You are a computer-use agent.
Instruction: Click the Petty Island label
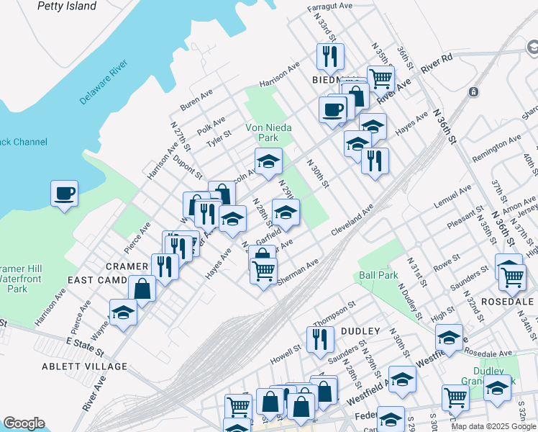tap(68, 6)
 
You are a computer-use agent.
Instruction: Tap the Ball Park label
tap(378, 275)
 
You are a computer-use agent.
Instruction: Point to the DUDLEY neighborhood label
tap(360, 330)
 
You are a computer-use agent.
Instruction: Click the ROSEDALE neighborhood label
tap(507, 301)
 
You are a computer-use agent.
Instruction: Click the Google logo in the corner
tap(24, 423)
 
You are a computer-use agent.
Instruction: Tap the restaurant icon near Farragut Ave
tap(330, 55)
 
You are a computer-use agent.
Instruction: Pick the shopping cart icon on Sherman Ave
tap(264, 271)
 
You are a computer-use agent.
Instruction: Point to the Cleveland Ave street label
tap(352, 219)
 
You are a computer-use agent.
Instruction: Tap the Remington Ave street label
tap(496, 148)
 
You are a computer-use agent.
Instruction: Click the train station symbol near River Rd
tap(473, 92)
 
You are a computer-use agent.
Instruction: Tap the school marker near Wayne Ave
tap(123, 313)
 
